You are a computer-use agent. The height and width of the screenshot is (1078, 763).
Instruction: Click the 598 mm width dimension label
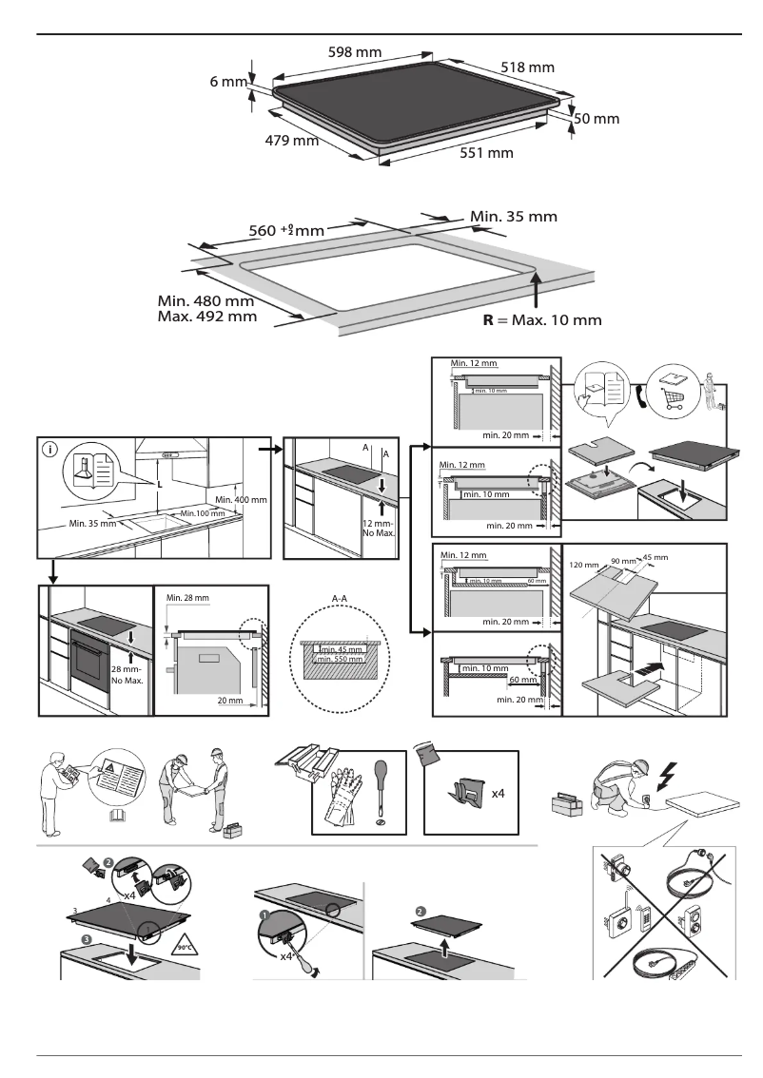[355, 51]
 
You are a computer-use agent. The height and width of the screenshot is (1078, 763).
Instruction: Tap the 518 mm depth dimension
[527, 67]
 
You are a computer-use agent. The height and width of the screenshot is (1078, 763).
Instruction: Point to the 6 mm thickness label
[228, 83]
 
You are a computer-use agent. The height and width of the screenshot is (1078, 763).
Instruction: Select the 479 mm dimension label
[291, 142]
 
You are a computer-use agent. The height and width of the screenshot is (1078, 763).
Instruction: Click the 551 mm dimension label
[486, 153]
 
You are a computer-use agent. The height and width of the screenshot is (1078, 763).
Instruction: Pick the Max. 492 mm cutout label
[206, 316]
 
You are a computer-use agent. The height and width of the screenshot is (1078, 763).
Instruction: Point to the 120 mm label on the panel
[584, 565]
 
